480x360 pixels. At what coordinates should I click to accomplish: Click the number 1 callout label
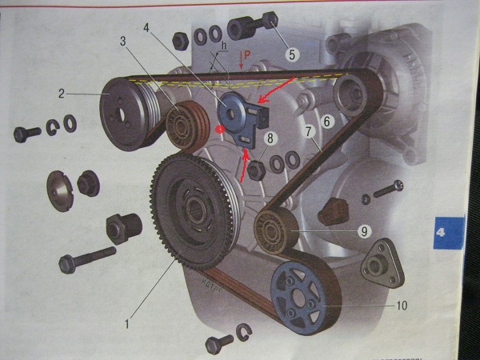[126, 324]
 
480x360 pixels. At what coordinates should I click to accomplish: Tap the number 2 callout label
[60, 93]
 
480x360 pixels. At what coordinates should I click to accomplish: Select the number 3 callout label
[123, 40]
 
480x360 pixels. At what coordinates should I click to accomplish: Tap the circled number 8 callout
[271, 138]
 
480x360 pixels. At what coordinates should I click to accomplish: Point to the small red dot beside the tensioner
[219, 128]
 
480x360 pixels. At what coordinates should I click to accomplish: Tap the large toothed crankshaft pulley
[192, 210]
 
